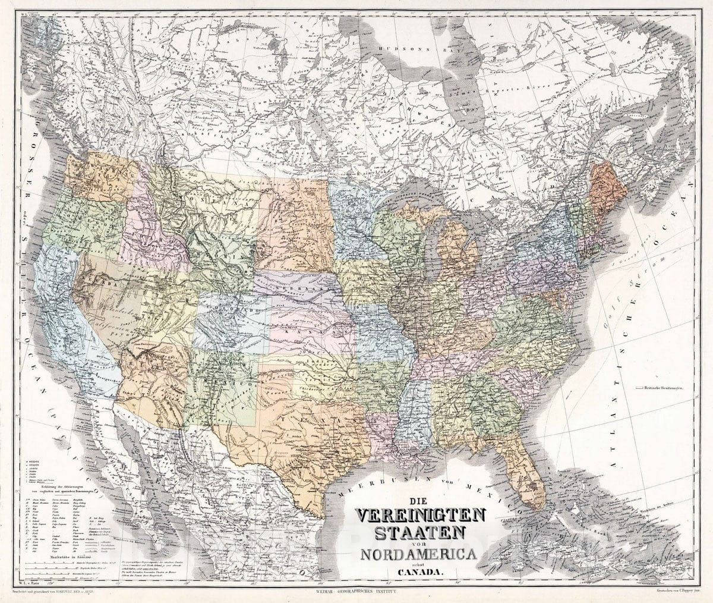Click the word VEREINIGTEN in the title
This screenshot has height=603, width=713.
[x=420, y=513]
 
